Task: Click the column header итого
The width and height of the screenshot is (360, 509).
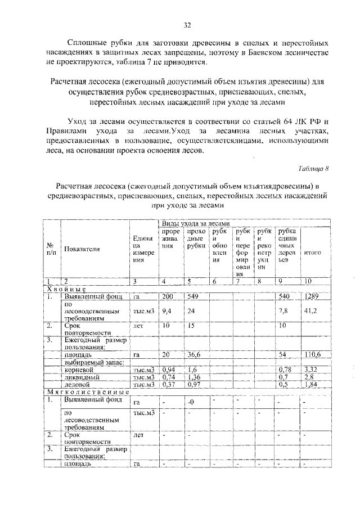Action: pyautogui.click(x=312, y=253)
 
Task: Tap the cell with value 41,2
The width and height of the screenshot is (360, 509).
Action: pyautogui.click(x=310, y=310)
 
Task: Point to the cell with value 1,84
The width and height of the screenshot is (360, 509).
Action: pyautogui.click(x=311, y=385)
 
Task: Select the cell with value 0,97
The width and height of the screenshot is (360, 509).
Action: pyautogui.click(x=195, y=385)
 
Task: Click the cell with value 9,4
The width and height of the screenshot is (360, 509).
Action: pyautogui.click(x=167, y=310)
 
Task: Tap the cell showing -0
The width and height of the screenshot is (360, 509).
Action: pyautogui.click(x=191, y=402)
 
